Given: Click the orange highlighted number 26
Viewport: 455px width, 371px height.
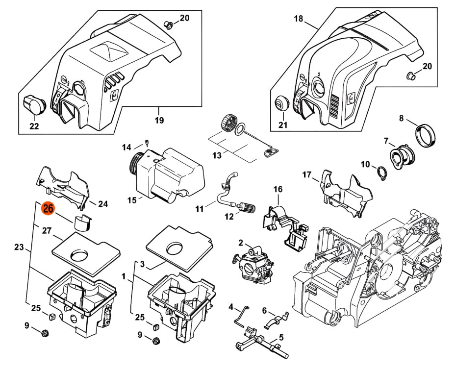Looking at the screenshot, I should click(x=48, y=209).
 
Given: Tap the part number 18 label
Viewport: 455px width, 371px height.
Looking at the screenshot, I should click(x=299, y=19).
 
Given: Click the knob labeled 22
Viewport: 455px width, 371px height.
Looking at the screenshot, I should click(x=34, y=104).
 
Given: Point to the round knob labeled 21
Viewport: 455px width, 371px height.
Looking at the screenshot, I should click(x=281, y=103).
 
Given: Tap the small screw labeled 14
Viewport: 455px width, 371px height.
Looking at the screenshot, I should click(x=147, y=143).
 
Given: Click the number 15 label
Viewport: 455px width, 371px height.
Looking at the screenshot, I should click(x=131, y=199).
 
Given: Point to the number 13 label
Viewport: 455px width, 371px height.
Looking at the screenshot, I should click(x=217, y=155).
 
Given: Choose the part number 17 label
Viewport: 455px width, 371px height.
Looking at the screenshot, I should click(x=307, y=174).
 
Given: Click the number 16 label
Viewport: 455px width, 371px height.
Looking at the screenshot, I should click(x=278, y=189).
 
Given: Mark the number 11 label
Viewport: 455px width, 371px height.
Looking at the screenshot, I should click(x=199, y=209).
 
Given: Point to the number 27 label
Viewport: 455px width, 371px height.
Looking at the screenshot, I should click(x=47, y=230).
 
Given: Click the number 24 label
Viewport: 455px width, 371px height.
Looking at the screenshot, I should click(x=103, y=204).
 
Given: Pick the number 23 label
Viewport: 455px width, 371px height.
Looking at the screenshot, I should click(x=19, y=247).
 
